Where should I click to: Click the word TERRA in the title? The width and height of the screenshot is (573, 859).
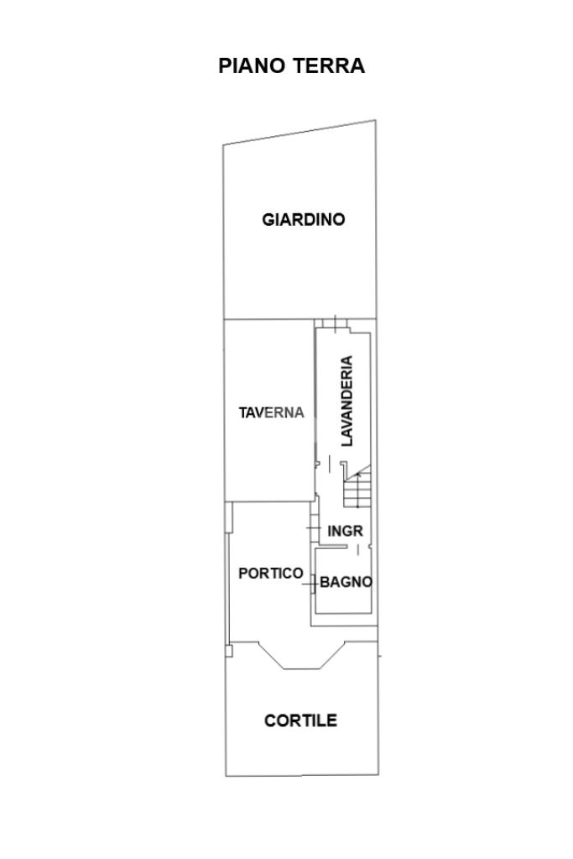(329, 65)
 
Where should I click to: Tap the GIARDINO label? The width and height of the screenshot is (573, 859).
(303, 220)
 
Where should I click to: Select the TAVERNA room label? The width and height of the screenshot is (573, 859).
(272, 412)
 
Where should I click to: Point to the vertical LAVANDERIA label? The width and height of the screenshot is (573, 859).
(347, 401)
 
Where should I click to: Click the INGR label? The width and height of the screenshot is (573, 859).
(345, 531)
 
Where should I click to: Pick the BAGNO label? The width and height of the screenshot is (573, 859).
(346, 582)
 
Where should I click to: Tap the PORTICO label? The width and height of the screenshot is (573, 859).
(271, 574)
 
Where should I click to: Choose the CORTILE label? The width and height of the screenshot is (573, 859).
(300, 720)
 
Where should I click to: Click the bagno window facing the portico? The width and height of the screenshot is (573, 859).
(312, 584)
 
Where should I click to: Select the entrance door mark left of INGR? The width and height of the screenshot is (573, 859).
(313, 528)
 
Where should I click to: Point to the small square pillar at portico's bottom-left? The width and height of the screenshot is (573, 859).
(229, 650)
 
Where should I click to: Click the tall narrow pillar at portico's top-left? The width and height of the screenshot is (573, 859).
(229, 518)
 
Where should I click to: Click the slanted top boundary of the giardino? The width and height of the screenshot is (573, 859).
(300, 133)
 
